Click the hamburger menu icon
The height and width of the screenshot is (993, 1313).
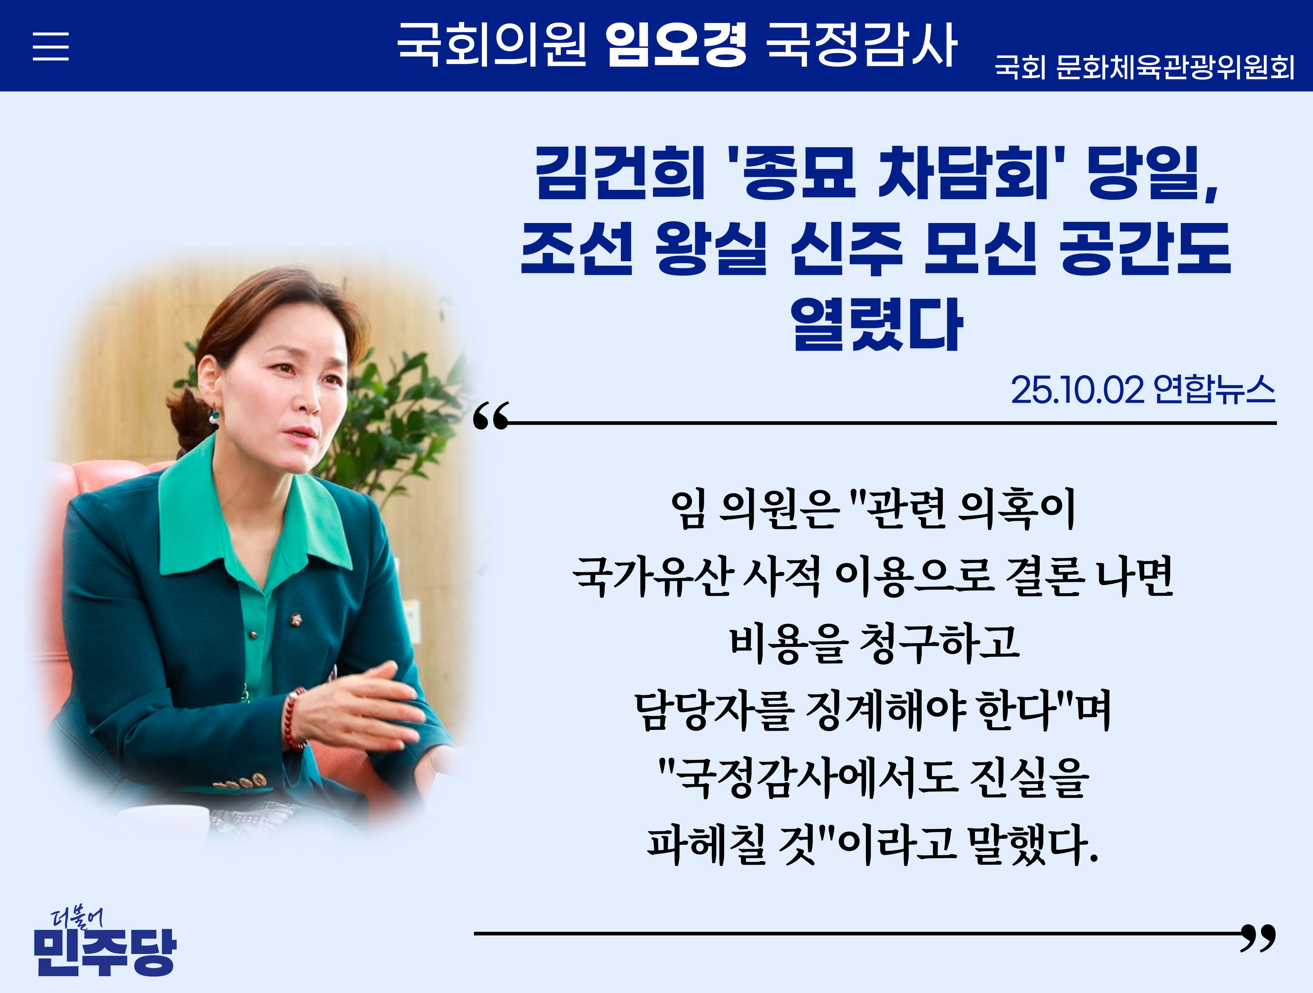click(50, 46)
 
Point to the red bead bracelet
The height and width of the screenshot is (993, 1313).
click(293, 719)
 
